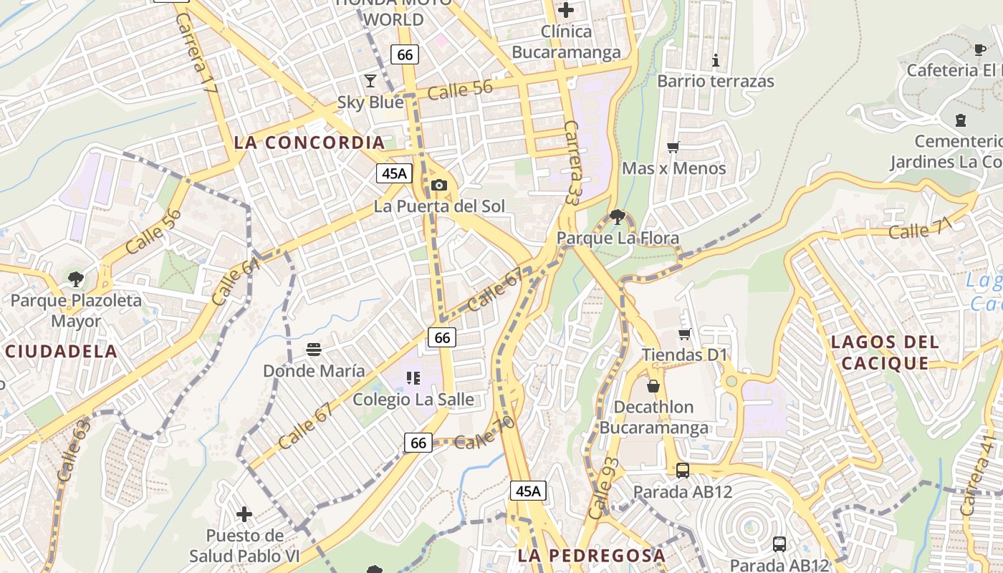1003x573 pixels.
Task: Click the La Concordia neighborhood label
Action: (x=309, y=143)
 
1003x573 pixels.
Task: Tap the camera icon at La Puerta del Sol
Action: (x=439, y=186)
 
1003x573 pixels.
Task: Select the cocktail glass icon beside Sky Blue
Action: (x=370, y=80)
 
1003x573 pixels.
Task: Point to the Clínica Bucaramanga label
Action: (x=566, y=42)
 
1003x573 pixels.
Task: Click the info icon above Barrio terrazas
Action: (x=715, y=60)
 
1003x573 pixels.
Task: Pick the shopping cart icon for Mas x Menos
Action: (x=673, y=148)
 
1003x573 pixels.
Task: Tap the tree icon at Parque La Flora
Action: (x=618, y=216)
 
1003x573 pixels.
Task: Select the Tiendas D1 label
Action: (x=684, y=355)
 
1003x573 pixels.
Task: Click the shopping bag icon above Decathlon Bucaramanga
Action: (x=653, y=386)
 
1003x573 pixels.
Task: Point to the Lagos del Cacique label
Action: (x=885, y=352)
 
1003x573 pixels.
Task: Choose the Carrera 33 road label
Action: (x=572, y=163)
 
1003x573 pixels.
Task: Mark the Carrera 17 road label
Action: (x=196, y=54)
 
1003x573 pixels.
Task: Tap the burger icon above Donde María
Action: (x=314, y=350)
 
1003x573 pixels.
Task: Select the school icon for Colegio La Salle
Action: (x=413, y=377)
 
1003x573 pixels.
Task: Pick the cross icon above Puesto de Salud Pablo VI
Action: (x=244, y=514)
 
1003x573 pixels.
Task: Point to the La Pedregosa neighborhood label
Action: (x=591, y=555)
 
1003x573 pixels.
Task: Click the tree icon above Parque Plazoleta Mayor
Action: (x=76, y=279)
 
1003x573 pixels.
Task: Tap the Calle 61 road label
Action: (x=236, y=282)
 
